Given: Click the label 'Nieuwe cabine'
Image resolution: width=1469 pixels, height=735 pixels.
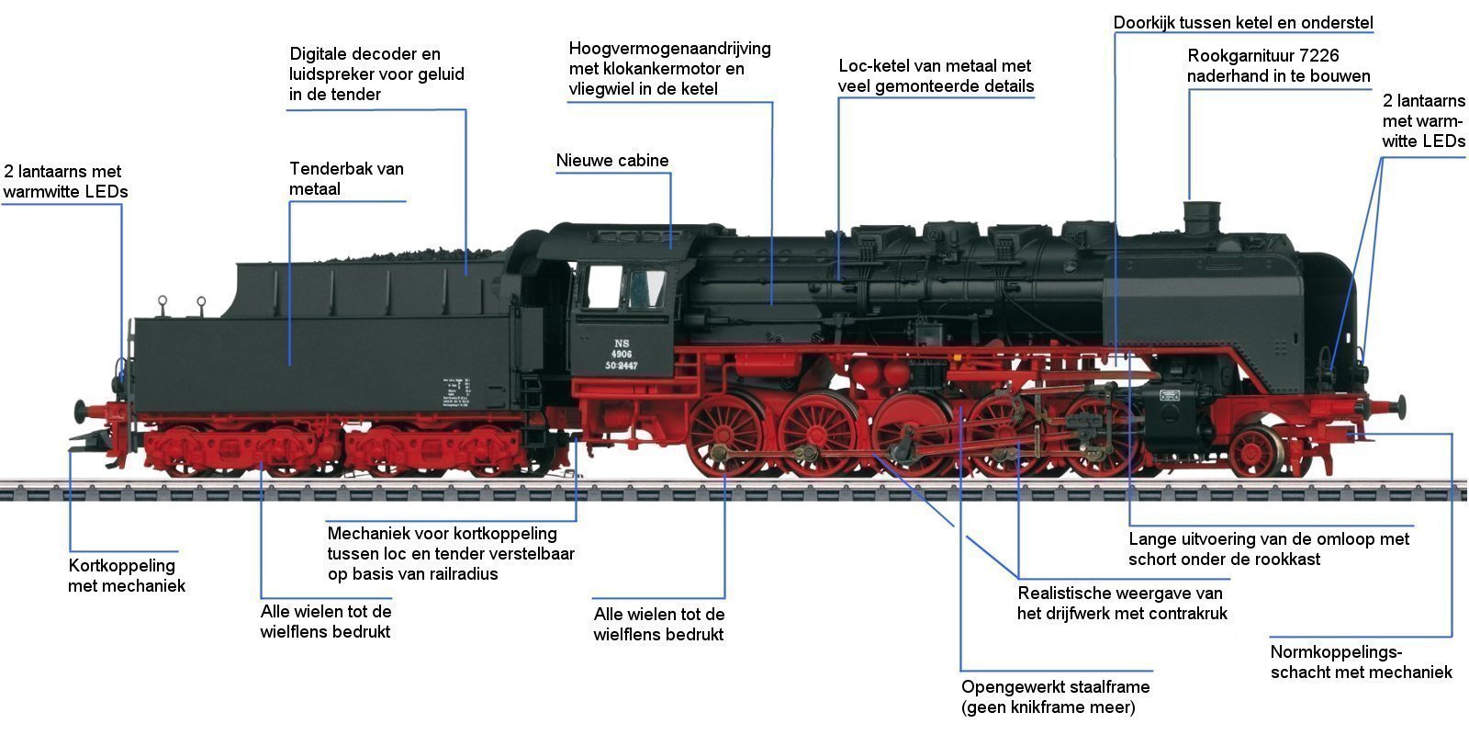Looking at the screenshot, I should [x=612, y=161].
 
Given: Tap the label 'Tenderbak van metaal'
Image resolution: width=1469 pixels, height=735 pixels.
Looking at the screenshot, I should [x=346, y=179].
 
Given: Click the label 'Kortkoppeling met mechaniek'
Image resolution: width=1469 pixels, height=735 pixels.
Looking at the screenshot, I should [x=126, y=576].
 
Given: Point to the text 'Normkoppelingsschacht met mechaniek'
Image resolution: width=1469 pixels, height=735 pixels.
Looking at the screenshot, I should [x=1361, y=662].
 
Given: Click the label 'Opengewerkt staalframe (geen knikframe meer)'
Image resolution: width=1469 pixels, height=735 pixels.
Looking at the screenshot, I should [x=1055, y=697].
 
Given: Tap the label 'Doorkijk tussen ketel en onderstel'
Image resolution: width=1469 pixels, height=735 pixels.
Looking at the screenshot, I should [x=1243, y=22].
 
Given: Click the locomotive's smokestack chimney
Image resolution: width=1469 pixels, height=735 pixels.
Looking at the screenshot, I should [x=1199, y=220].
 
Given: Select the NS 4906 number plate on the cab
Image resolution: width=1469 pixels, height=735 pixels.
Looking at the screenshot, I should [x=622, y=354].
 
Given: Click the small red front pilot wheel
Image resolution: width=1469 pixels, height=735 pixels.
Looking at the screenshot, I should [x=1255, y=451].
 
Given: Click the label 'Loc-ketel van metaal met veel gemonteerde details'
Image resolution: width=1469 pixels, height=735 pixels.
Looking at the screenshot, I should [x=936, y=76].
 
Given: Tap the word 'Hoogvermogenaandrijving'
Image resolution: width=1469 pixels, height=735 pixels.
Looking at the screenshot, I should [x=669, y=48].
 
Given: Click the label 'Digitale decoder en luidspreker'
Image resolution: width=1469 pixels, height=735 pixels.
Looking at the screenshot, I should [x=376, y=73].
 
